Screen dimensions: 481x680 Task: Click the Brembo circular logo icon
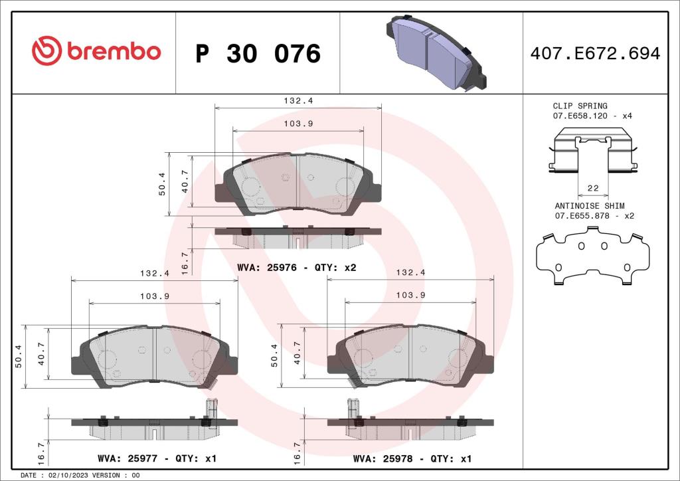[47, 52]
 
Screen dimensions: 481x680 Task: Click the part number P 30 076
[258, 54]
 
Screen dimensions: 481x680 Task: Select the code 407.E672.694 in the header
[595, 54]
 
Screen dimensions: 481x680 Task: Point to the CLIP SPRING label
[580, 106]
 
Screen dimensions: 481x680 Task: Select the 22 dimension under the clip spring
[594, 189]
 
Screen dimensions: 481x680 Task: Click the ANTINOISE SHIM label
[589, 207]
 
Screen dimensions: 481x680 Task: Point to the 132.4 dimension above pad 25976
[297, 101]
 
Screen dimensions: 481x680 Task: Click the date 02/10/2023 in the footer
[68, 476]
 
